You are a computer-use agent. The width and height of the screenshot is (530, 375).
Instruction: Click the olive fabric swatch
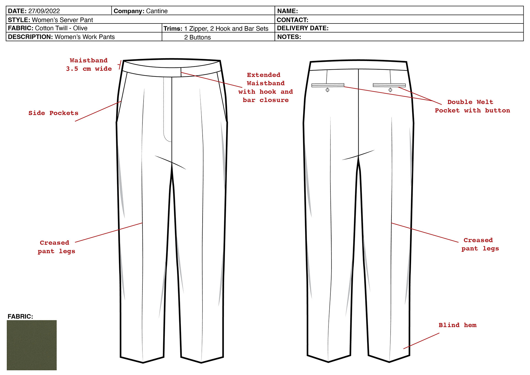click(x=31, y=345)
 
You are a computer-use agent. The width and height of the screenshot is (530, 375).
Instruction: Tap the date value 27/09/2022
click(x=44, y=11)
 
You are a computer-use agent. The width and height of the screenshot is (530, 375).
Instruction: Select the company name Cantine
click(x=157, y=11)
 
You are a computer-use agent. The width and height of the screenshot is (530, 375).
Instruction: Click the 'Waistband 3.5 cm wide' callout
click(x=89, y=65)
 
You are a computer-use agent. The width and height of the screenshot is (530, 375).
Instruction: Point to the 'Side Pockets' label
click(x=53, y=113)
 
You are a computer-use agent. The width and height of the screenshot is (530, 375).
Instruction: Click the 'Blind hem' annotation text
click(x=457, y=325)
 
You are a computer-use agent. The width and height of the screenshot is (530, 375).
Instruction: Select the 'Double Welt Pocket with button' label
click(x=472, y=106)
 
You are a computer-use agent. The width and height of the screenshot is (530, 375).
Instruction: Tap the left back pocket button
click(x=327, y=90)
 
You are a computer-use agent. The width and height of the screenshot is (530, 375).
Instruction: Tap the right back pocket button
click(x=390, y=90)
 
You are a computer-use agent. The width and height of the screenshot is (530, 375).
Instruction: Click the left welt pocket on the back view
click(x=328, y=85)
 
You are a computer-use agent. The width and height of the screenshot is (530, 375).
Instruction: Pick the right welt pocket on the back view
click(x=389, y=85)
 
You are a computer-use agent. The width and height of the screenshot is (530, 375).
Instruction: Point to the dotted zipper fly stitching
click(x=164, y=110)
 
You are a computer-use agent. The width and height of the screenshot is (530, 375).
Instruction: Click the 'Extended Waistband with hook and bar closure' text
click(x=265, y=88)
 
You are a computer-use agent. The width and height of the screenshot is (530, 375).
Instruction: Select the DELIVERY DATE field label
click(x=303, y=28)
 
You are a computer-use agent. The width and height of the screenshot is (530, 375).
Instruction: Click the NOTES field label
click(x=289, y=37)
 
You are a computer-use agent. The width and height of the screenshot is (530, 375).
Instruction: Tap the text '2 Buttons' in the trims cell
click(x=197, y=37)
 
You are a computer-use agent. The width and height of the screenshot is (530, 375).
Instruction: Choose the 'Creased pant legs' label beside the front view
click(x=56, y=247)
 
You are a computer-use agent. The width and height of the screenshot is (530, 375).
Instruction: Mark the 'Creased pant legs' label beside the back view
click(x=480, y=244)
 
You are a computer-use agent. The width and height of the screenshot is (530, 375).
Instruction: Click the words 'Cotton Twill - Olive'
click(x=61, y=28)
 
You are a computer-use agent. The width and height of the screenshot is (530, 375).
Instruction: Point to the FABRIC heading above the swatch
click(x=20, y=316)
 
